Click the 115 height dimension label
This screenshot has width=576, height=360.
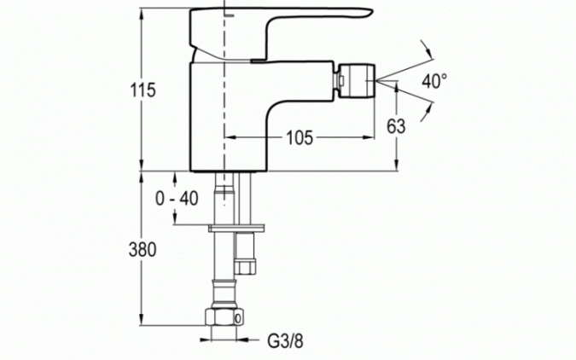point(143,90)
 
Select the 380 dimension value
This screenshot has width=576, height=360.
point(143,249)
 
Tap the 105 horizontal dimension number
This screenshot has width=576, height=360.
point(300,137)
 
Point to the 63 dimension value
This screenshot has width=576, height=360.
point(396,126)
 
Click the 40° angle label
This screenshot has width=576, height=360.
point(434,81)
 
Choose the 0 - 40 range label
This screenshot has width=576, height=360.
point(177,199)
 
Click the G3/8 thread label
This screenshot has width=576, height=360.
point(285,341)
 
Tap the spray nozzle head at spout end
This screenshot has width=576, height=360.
point(357,80)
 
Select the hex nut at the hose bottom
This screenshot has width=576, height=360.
point(224,317)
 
